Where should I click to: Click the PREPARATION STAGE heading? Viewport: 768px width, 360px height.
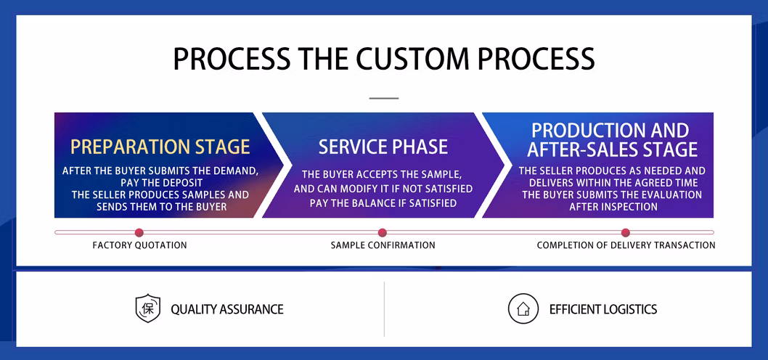click(160, 147)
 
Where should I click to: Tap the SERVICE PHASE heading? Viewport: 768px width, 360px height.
click(383, 147)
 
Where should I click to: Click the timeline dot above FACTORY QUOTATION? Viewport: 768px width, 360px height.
click(139, 233)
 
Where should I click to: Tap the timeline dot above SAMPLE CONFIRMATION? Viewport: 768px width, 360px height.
click(383, 233)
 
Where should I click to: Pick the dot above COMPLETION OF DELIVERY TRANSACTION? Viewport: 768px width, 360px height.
click(626, 233)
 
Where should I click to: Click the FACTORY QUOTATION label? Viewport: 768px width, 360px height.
click(139, 245)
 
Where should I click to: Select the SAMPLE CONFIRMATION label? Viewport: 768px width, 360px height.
click(383, 245)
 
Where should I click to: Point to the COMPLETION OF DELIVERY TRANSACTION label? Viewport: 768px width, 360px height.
click(626, 245)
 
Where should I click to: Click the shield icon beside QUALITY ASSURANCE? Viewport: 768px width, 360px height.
click(147, 308)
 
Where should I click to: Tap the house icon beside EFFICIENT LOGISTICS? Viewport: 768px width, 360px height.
click(523, 309)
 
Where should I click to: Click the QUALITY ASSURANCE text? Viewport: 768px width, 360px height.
click(227, 309)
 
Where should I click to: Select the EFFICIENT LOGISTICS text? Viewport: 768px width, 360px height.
click(603, 309)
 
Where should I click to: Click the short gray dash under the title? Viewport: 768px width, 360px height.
click(384, 98)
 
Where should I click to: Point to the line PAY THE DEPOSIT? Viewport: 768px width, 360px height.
click(160, 183)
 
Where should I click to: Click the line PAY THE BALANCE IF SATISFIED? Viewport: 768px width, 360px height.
click(383, 202)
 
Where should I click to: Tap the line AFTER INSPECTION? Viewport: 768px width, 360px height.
click(613, 207)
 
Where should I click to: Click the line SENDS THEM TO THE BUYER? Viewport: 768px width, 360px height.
click(162, 207)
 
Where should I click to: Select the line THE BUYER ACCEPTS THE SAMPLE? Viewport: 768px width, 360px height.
click(382, 174)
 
